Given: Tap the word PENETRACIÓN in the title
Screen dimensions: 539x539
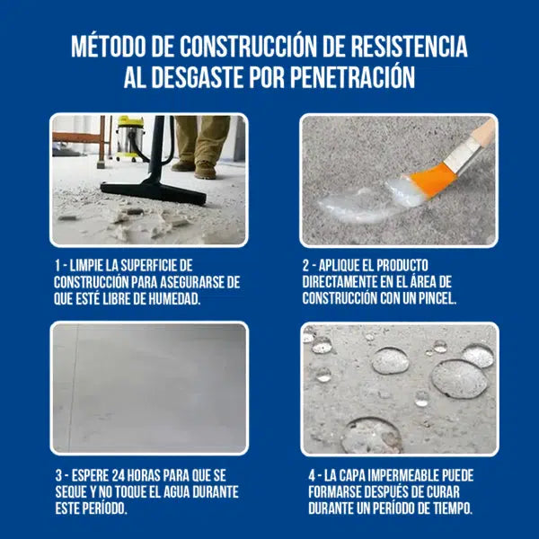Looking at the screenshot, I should click(353, 78).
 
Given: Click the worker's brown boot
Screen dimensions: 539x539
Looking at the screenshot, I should click(205, 169).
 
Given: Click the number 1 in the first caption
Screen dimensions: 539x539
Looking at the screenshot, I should click(57, 266).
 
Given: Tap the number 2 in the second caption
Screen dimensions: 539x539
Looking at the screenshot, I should click(308, 266).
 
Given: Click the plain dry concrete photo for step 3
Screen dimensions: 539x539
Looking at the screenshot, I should click(149, 386).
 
